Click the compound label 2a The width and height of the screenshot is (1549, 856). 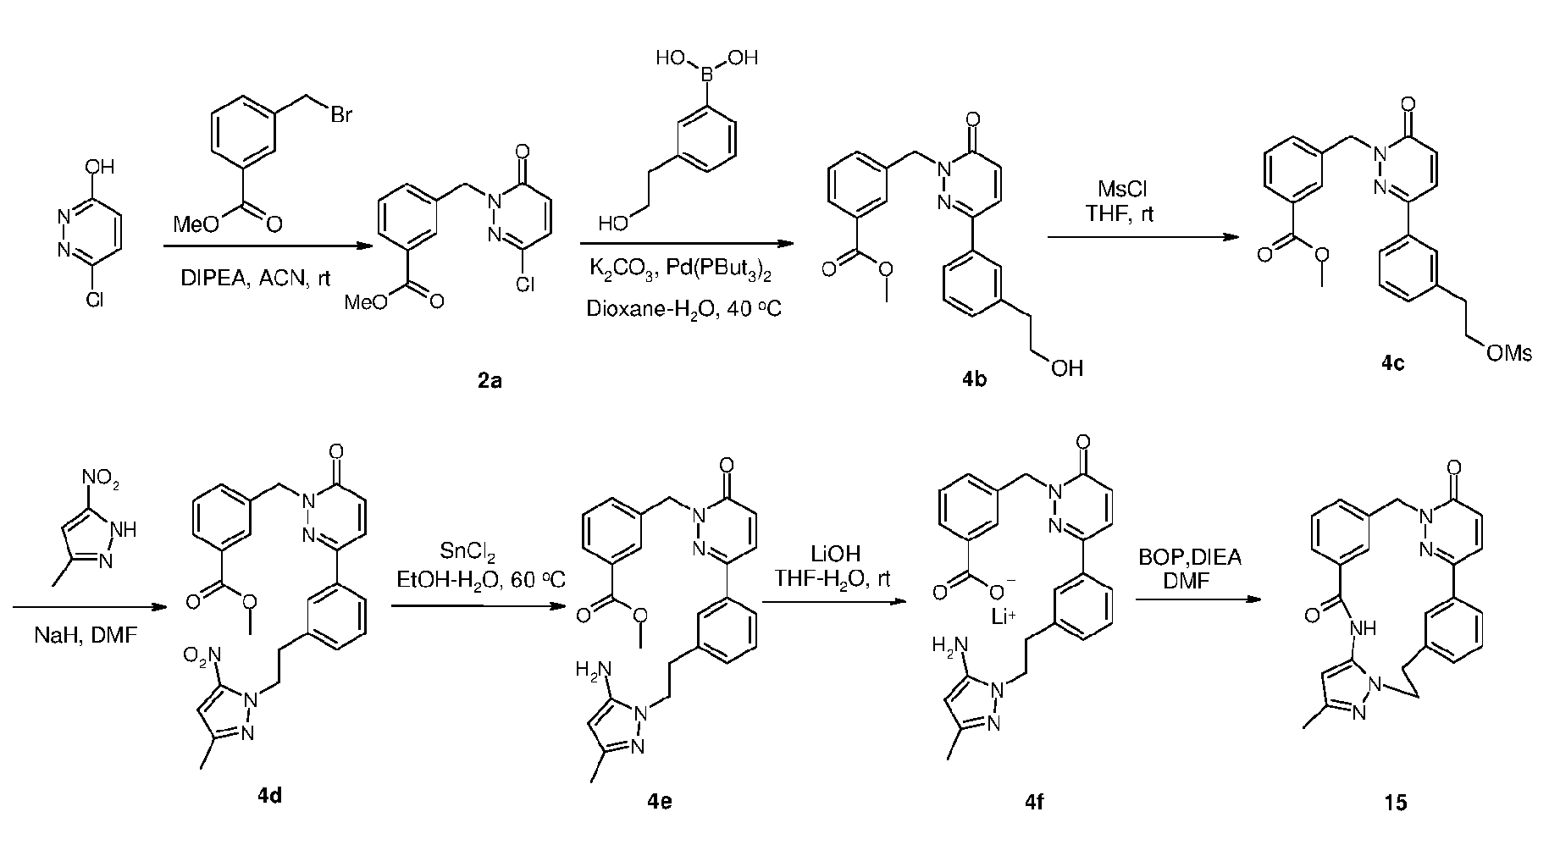point(490,381)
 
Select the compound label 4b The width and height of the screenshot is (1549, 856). point(972,379)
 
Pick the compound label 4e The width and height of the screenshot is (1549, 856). point(660,798)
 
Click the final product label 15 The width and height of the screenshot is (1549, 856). point(1396,801)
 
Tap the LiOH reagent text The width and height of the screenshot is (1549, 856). point(835,555)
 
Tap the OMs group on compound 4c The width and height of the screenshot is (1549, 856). point(1509,354)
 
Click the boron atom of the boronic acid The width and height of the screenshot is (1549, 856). point(706,81)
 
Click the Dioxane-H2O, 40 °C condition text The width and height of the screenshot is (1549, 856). point(683,310)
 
